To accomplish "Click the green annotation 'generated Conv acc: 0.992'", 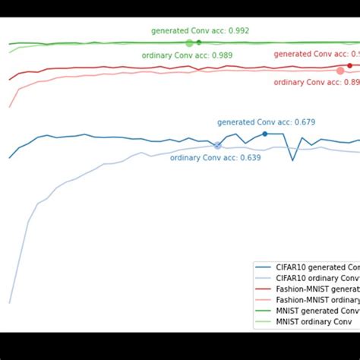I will [200, 31].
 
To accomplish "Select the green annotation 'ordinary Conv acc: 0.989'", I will [187, 55].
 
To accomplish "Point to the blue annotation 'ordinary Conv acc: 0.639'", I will [215, 158].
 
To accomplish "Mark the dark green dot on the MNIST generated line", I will [199, 43].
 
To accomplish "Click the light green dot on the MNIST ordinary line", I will [189, 43].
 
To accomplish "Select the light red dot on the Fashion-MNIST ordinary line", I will [339, 71].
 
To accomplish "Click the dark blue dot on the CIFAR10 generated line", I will [264, 134].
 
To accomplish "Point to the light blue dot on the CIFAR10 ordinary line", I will [218, 145].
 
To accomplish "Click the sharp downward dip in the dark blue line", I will [292, 159].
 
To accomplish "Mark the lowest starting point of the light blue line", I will [10, 302].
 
